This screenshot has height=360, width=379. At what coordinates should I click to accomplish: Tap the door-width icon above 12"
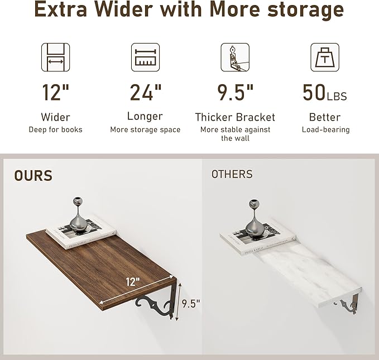pyautogui.click(x=55, y=57)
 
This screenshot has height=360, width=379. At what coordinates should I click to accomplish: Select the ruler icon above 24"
pyautogui.click(x=145, y=57)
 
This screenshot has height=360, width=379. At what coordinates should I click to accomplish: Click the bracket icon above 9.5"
pyautogui.click(x=234, y=57)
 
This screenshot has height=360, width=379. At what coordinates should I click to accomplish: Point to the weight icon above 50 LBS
pyautogui.click(x=325, y=57)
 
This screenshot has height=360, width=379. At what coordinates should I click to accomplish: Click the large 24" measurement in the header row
pyautogui.click(x=146, y=92)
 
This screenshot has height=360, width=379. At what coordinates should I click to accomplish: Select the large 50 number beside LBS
pyautogui.click(x=314, y=92)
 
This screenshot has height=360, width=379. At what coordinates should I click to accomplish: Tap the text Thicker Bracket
pyautogui.click(x=235, y=117)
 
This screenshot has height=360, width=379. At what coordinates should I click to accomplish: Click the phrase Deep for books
pyautogui.click(x=55, y=129)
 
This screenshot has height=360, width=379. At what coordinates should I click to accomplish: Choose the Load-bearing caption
pyautogui.click(x=325, y=129)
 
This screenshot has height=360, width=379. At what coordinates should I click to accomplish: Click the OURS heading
pyautogui.click(x=33, y=176)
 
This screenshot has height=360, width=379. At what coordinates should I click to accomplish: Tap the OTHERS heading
pyautogui.click(x=232, y=175)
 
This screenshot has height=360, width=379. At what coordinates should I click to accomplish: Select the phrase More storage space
pyautogui.click(x=145, y=129)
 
